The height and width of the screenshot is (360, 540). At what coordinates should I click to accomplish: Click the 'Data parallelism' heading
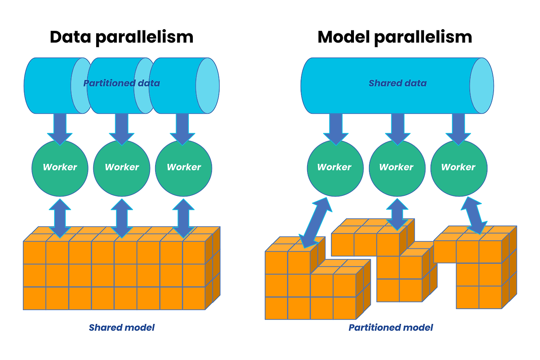click(121, 37)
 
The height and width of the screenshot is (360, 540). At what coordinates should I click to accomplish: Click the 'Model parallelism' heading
click(394, 37)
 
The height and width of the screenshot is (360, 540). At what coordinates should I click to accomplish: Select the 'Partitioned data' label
click(121, 83)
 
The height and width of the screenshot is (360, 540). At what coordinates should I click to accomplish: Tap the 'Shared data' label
click(397, 83)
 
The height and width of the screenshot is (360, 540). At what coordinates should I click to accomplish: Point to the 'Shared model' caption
click(121, 328)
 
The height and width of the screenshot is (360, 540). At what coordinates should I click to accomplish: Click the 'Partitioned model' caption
click(391, 328)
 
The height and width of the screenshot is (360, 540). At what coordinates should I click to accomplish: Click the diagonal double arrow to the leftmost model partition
click(314, 222)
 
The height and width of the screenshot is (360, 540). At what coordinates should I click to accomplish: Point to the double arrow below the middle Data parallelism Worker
click(122, 218)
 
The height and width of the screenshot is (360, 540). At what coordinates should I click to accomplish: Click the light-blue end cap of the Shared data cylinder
click(482, 86)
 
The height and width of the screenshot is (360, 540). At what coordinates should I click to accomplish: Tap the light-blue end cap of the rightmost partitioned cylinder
click(208, 86)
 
